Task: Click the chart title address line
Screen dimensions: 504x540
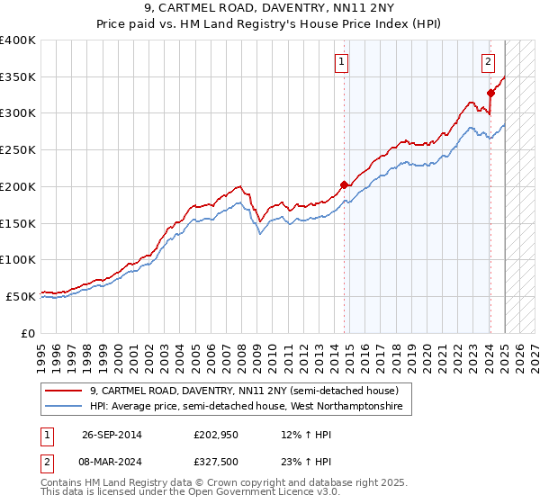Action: (270, 8)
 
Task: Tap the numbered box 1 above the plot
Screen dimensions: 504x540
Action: (343, 62)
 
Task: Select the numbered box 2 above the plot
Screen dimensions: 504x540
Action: (487, 62)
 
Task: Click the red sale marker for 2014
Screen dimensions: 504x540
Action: (344, 184)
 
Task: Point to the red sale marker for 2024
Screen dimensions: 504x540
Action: (490, 93)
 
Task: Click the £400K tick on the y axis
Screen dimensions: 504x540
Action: (17, 40)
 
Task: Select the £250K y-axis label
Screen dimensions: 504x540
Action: (17, 149)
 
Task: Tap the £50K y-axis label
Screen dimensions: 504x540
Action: (21, 295)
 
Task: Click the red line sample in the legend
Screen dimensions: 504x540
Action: (64, 391)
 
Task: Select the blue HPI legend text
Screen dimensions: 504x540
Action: (247, 407)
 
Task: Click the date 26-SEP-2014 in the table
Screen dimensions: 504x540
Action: (112, 435)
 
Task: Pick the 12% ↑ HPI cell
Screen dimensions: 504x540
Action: (294, 435)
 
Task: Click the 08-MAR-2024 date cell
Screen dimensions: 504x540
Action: (112, 462)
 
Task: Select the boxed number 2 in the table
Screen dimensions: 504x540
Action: (46, 462)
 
